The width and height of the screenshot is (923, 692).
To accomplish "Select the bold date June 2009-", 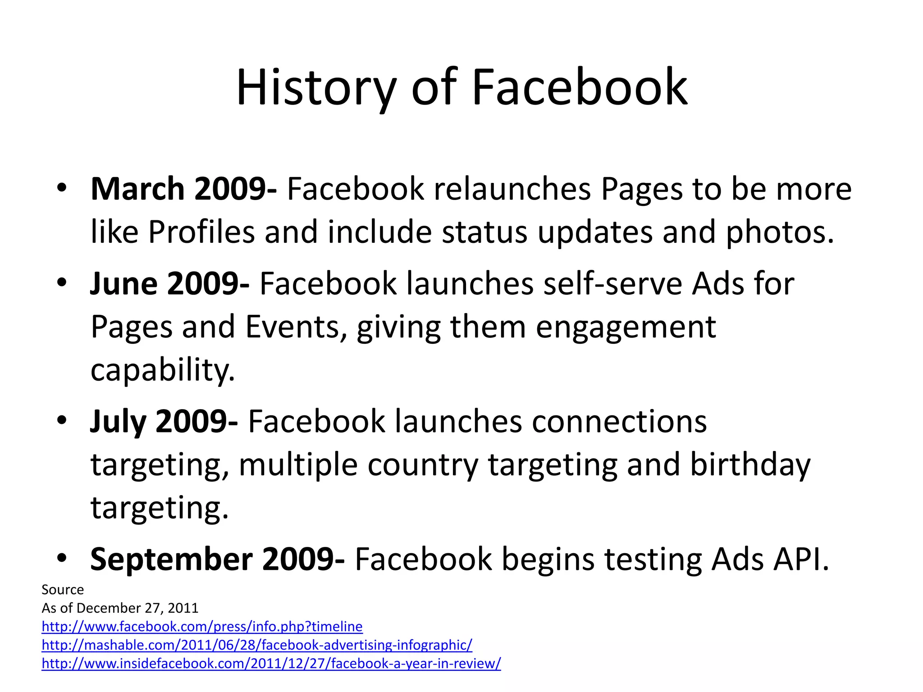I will pyautogui.click(x=169, y=284).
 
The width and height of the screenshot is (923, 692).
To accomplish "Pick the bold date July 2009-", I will pyautogui.click(x=164, y=422).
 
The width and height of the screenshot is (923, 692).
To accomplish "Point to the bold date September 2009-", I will pyautogui.click(x=217, y=559).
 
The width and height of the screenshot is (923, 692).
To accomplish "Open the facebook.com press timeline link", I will pyautogui.click(x=202, y=627).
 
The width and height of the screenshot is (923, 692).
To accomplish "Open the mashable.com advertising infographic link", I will pyautogui.click(x=257, y=645).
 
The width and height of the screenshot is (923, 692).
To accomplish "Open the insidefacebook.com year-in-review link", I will pyautogui.click(x=271, y=664).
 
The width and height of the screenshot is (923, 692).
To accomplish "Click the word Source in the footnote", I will pyautogui.click(x=63, y=590).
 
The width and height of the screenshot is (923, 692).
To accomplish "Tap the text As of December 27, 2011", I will pyautogui.click(x=120, y=608).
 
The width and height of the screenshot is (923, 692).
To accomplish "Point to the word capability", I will pyautogui.click(x=163, y=370).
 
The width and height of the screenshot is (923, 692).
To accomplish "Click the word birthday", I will pyautogui.click(x=750, y=464).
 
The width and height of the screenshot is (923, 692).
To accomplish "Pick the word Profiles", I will pyautogui.click(x=201, y=232).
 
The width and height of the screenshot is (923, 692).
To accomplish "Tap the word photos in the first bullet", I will pyautogui.click(x=779, y=232).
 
